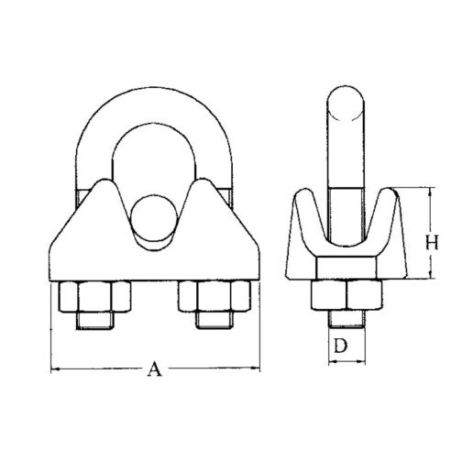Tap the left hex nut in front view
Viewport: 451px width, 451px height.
tap(95, 298)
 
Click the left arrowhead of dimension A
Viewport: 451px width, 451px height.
tap(53, 369)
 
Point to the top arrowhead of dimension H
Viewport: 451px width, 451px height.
tap(428, 191)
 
